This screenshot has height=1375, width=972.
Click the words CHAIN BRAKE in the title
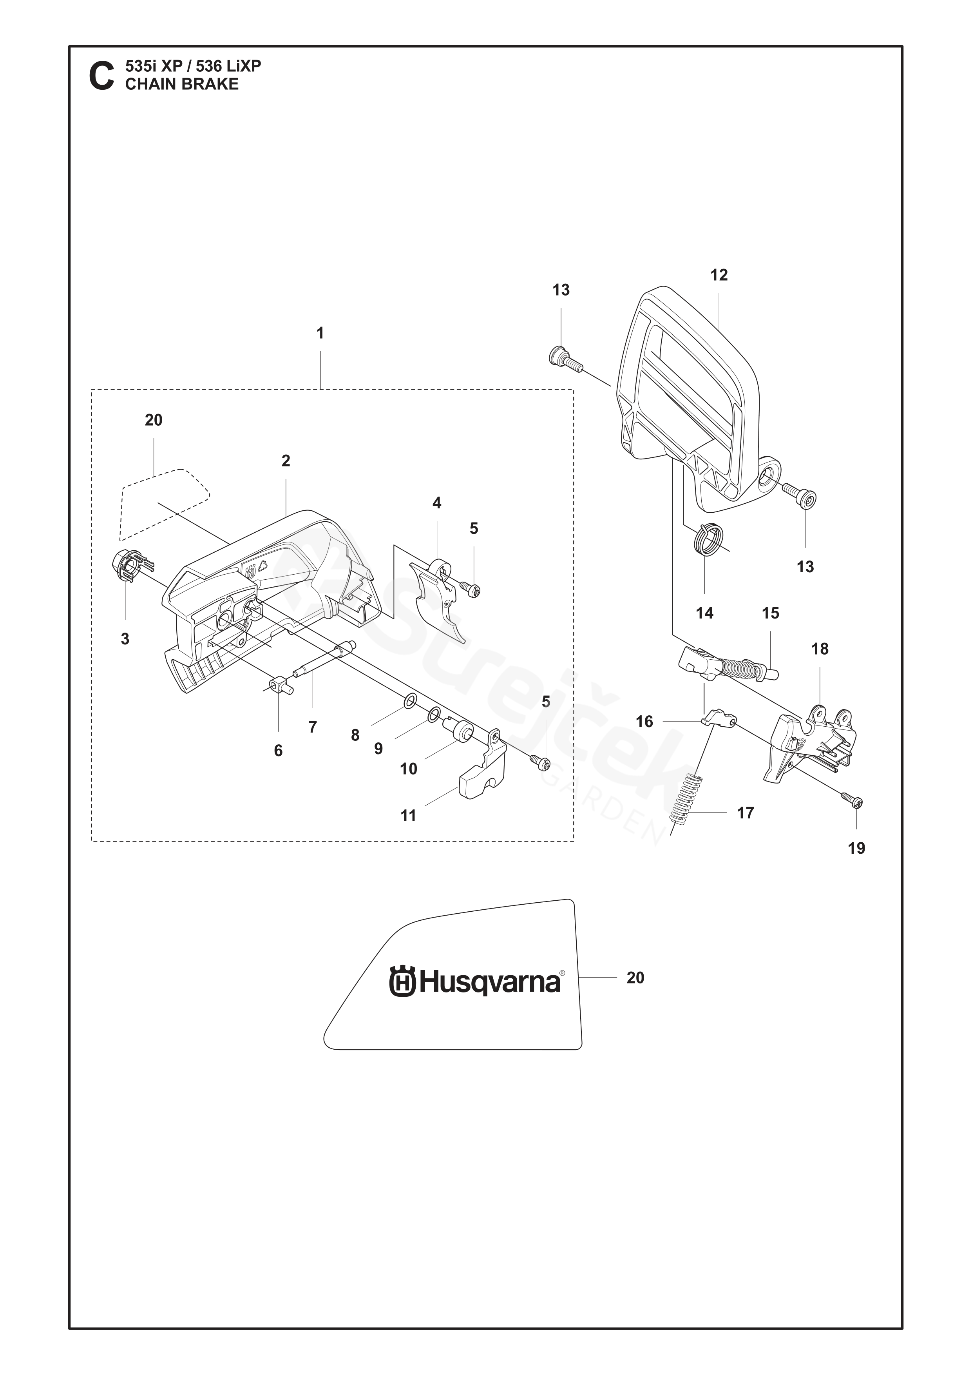pyautogui.click(x=181, y=84)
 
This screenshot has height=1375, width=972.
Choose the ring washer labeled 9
pyautogui.click(x=434, y=714)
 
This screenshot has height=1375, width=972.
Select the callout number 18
pyautogui.click(x=819, y=649)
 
